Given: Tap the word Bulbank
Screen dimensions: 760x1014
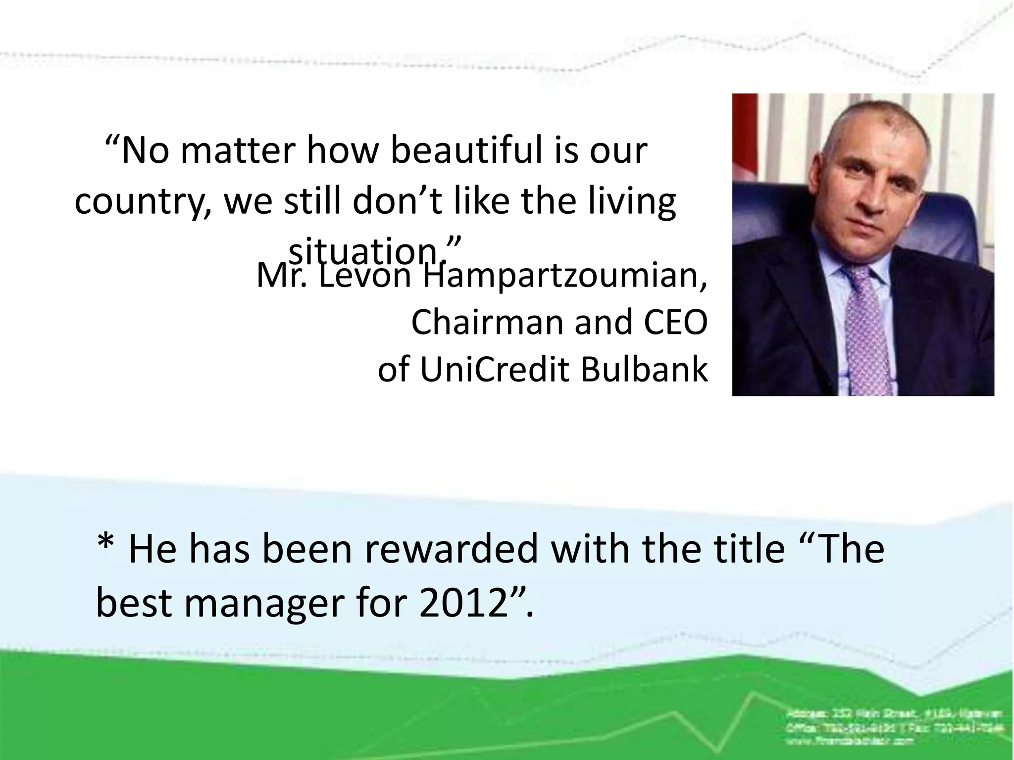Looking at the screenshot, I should pyautogui.click(x=644, y=370).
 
